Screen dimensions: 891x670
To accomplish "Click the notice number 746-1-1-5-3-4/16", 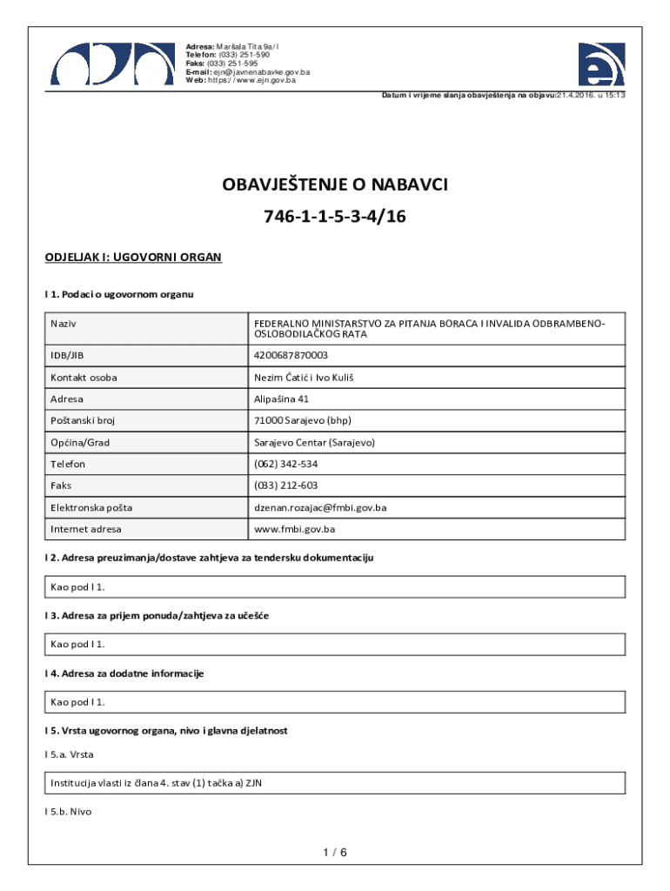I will pos(335,218).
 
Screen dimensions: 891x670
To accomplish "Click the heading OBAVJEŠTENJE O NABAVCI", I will pos(335,185).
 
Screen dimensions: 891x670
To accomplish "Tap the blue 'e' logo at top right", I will pos(601,64).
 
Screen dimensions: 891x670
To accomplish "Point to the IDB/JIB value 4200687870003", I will pos(291,355).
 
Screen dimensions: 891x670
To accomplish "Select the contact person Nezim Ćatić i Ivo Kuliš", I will pos(304,377).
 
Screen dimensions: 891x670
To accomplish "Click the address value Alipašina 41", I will pos(281,399).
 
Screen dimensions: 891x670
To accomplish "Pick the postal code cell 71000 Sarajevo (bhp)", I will pos(301,420).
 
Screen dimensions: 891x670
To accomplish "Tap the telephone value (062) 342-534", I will pos(285,464).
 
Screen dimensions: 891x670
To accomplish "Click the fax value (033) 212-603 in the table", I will pos(285,486).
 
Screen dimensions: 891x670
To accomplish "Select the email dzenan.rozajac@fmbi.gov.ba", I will pos(320,507).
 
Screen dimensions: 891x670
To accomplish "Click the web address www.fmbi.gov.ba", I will pos(294,529).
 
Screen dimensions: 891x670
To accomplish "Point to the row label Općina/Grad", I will pos(80,442).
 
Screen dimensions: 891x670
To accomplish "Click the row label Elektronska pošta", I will pos(91,507).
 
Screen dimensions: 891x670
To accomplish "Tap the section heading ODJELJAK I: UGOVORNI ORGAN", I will pos(133,258).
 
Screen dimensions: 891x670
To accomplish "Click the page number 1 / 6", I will pos(335,852).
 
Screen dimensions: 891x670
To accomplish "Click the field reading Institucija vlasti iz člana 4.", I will pos(157,783).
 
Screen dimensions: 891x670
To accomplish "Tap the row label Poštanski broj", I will pos(83,420).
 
